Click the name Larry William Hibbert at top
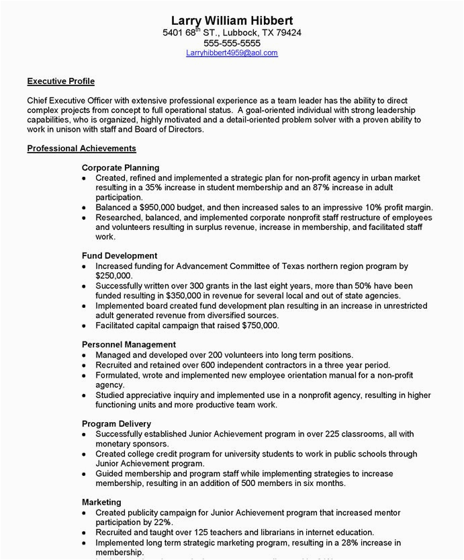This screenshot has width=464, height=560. pos(232,20)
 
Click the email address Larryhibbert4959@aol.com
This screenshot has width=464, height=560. pos(232,52)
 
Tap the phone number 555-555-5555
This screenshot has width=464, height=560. pos(232,42)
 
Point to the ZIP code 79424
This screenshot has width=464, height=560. pos(288,32)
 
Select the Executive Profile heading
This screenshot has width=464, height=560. pos(60,81)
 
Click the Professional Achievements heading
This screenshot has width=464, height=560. pos(81,148)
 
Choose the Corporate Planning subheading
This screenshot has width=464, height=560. pos(120,167)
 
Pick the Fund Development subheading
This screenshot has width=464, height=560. pos(120,255)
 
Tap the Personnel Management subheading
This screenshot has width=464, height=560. pos(128,344)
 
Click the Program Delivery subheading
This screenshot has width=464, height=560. pos(116,424)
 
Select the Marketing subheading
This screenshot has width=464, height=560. pos(101,502)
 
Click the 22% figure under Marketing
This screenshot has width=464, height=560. pos(163,522)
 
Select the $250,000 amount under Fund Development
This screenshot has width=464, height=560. pos(113,276)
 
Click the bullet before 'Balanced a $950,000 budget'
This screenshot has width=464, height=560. pos(84,208)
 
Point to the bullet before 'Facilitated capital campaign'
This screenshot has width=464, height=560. pos(84,326)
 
